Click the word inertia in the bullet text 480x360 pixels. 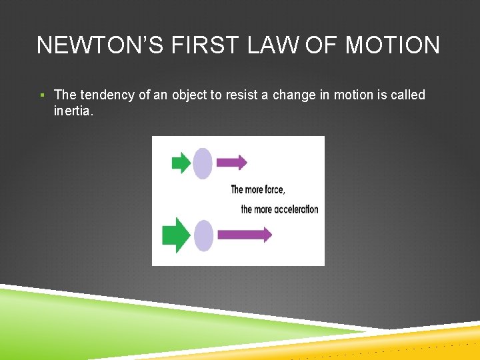[x=74, y=111]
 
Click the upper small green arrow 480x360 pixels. [x=181, y=163]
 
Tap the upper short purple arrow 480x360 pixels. [x=232, y=162]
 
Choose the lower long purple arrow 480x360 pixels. [x=245, y=234]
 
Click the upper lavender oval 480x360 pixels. [x=203, y=163]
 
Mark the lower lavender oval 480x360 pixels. [x=203, y=235]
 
